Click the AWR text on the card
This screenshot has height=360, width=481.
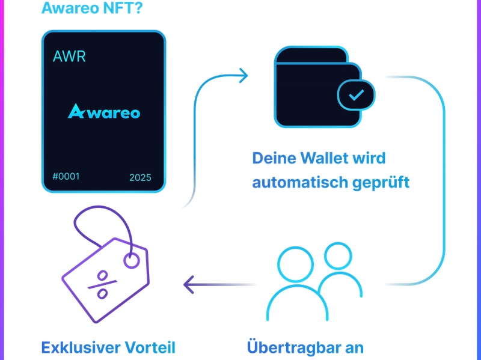70,57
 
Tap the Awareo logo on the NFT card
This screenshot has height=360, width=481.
104,111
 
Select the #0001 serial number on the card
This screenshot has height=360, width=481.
66,177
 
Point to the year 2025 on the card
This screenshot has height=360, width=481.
140,178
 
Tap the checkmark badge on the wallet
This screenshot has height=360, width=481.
357,94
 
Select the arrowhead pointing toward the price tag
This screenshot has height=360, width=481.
189,284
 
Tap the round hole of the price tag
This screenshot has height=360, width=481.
130,260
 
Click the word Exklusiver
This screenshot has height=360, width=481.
78,348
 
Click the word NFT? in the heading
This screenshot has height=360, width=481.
123,8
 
